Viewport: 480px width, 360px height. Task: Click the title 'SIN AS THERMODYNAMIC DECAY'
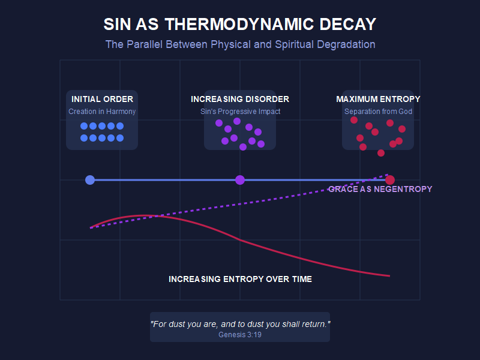pos(240,25)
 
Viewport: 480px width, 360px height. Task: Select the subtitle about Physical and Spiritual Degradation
pos(240,44)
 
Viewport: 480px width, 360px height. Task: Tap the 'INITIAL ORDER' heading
pos(102,99)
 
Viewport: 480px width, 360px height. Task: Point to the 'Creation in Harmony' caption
pos(102,112)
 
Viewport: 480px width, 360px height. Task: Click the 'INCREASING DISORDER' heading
pos(240,99)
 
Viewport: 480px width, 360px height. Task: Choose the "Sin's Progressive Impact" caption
pos(240,112)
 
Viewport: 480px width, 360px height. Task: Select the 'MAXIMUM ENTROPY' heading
pos(378,99)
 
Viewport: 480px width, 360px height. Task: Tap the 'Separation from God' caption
pos(378,112)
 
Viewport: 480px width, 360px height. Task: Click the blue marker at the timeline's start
pos(90,180)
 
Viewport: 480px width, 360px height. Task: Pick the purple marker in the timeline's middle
pos(240,180)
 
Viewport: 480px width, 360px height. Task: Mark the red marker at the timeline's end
pos(390,180)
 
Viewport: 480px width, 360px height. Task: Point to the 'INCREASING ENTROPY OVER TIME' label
pos(240,279)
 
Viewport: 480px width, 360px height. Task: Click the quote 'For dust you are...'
pos(240,324)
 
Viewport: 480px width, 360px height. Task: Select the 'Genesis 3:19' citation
pos(240,335)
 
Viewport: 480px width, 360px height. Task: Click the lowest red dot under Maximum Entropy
pos(381,153)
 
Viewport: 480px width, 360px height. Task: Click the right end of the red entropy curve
pos(389,276)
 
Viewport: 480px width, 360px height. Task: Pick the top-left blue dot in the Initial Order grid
pos(84,126)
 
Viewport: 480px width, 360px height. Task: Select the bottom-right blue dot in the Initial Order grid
pos(120,138)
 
